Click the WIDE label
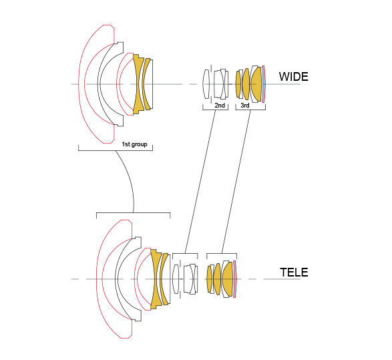tap(294, 77)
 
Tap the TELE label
tap(294, 273)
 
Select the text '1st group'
tap(134, 144)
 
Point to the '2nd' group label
tap(220, 106)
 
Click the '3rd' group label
tap(245, 106)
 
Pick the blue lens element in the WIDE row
tap(264, 84)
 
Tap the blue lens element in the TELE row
tap(235, 279)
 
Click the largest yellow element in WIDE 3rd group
tap(256, 84)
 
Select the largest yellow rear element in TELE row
tap(228, 279)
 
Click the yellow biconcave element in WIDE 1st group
tap(138, 84)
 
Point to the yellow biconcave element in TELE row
tap(155, 279)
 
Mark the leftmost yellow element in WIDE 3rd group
tap(238, 84)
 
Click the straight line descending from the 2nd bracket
tap(200, 182)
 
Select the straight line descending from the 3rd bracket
tap(236, 182)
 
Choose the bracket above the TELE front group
tap(134, 213)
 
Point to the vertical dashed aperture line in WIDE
tap(211, 84)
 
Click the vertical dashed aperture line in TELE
tap(180, 279)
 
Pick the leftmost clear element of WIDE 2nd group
tap(206, 84)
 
